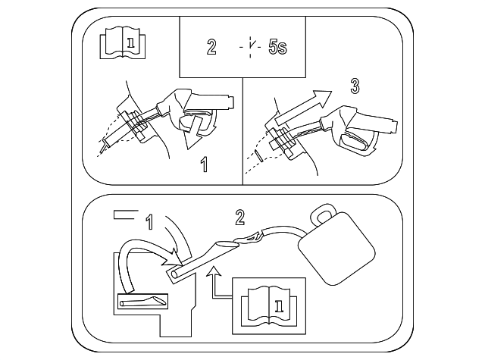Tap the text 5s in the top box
pos(278,47)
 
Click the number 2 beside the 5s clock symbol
pos(211,47)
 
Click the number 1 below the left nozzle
pos(204,164)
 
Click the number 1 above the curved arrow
pos(149,221)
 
